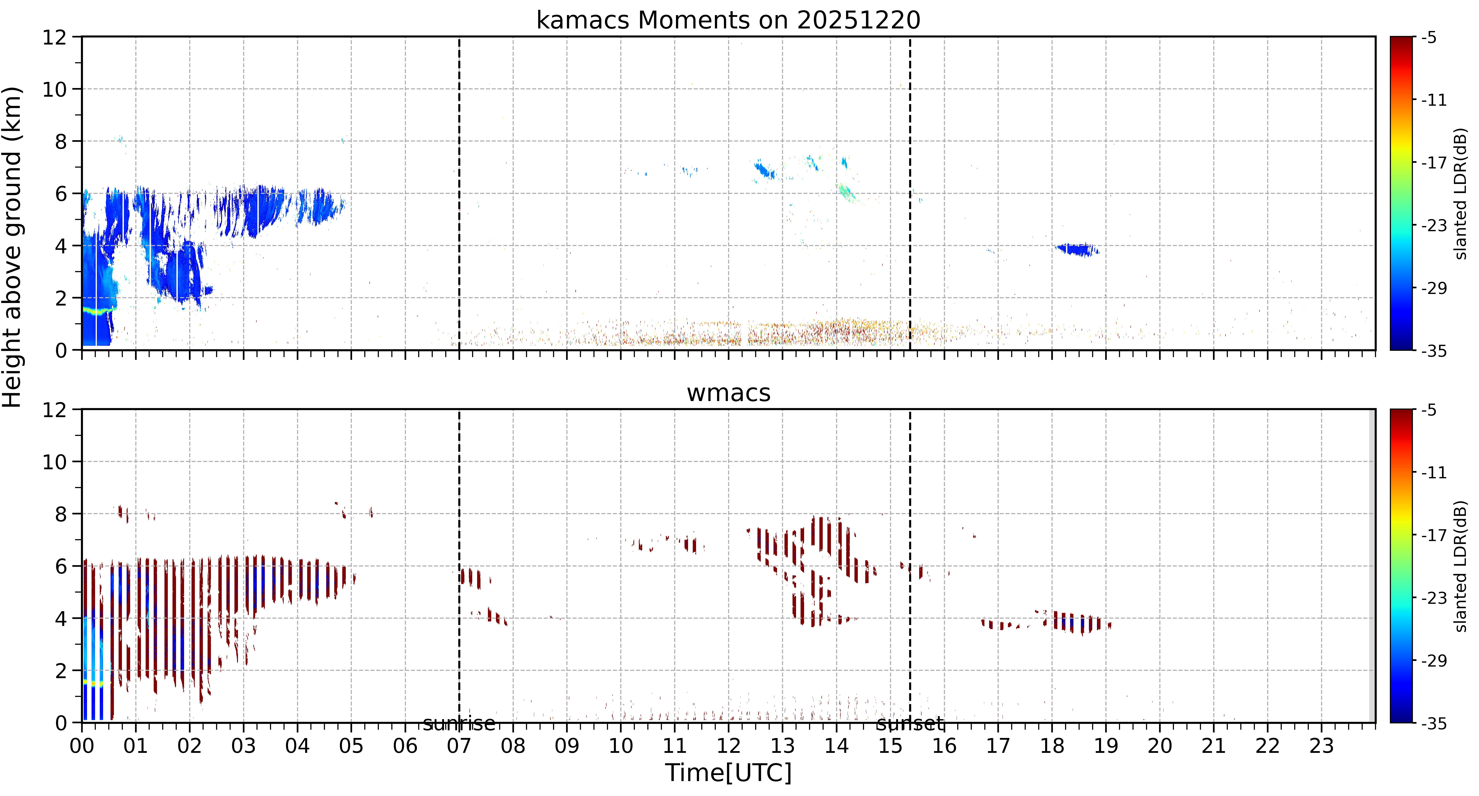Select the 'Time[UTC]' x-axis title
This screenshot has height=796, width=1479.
tap(728, 772)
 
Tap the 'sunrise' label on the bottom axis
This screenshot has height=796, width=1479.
tap(459, 724)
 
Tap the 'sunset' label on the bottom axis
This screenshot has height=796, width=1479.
tap(910, 724)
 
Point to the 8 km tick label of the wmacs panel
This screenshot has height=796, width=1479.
tap(61, 514)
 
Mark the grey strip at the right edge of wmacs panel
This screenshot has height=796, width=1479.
tap(1372, 566)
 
